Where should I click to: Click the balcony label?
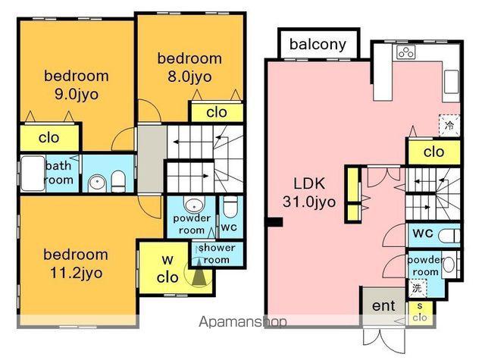click(318, 45)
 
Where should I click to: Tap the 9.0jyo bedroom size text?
click(77, 94)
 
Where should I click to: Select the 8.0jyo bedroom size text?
click(189, 77)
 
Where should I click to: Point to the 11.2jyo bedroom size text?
click(76, 273)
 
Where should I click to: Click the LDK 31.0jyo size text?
click(309, 202)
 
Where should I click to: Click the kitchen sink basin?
click(452, 82)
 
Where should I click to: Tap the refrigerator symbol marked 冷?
click(449, 125)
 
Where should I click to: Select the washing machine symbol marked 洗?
click(418, 288)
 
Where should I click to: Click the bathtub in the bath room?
click(33, 174)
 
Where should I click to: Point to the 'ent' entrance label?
click(383, 306)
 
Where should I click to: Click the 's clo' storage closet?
click(420, 312)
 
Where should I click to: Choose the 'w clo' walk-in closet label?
click(167, 269)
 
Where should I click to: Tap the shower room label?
click(217, 254)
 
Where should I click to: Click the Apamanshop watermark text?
click(242, 322)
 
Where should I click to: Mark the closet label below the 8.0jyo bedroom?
click(217, 112)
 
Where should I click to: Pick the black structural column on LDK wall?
click(274, 222)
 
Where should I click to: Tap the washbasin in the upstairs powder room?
click(194, 205)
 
